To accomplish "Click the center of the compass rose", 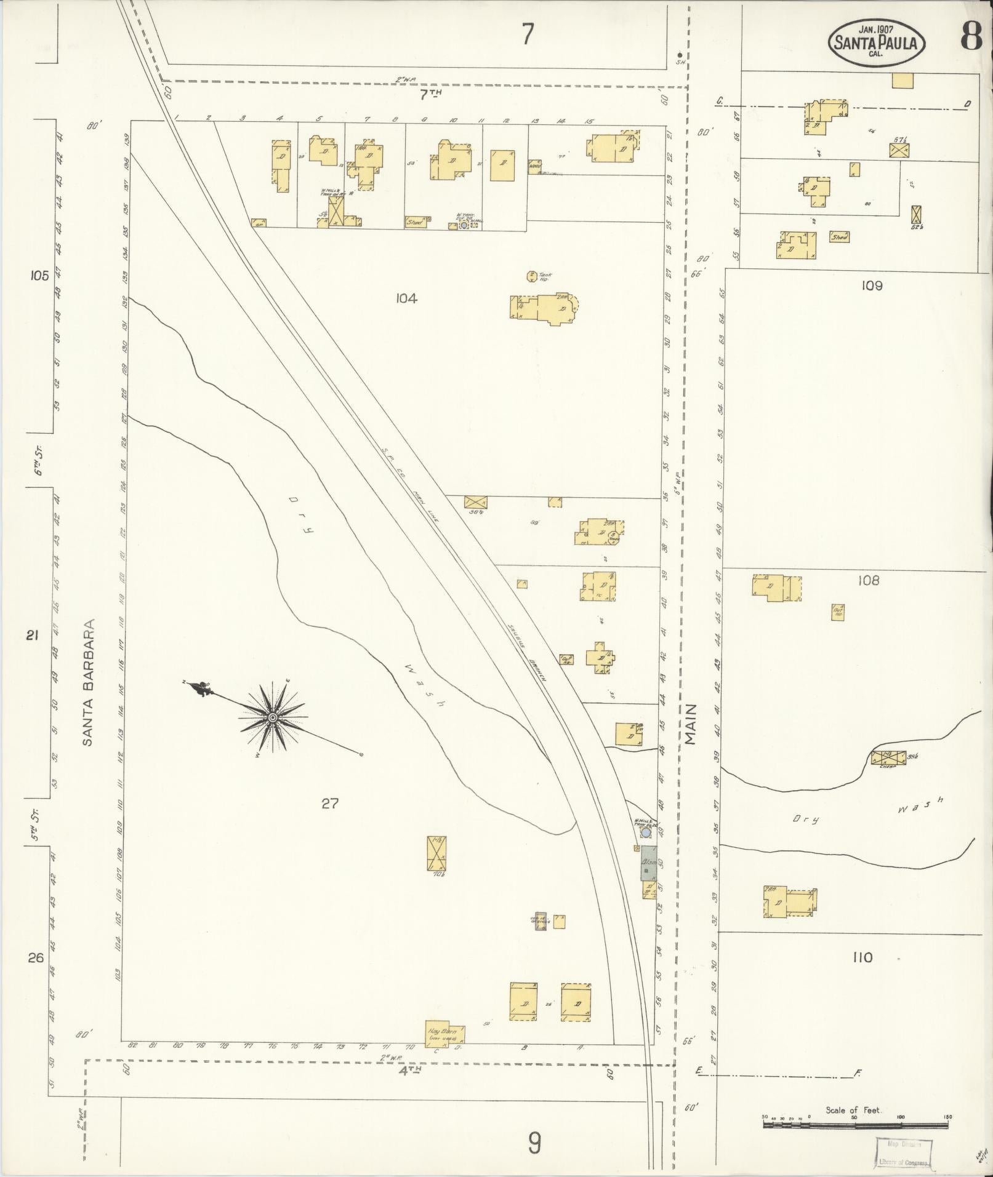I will (271, 717).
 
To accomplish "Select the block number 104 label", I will (406, 298).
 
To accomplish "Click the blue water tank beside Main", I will (646, 833).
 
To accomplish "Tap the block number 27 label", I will (329, 803).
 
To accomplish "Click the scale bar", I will (855, 1124).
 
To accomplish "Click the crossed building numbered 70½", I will (436, 853).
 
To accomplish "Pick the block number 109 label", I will (872, 285).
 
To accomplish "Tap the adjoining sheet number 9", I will (534, 1143).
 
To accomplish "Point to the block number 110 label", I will (863, 957).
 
